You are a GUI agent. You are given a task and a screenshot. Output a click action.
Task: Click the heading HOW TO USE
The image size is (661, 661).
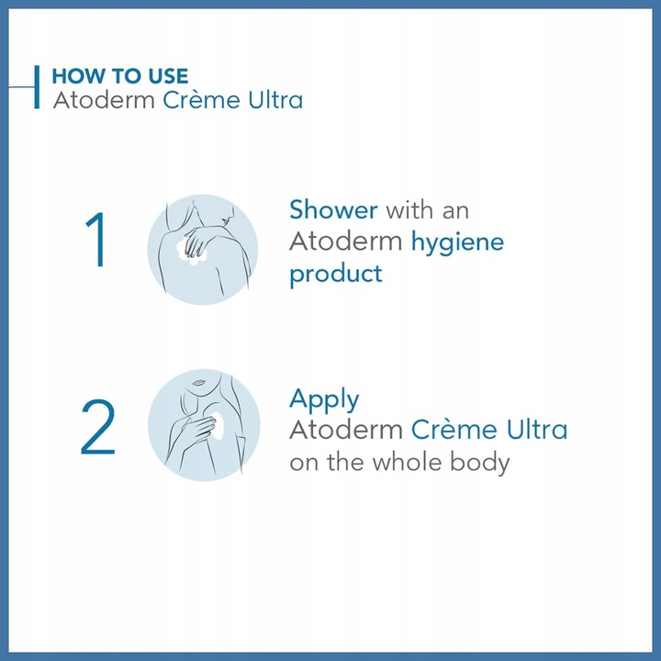120,76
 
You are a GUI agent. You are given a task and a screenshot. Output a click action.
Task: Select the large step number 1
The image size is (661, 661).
95,242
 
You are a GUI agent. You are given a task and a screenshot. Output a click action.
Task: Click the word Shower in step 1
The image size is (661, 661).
333,210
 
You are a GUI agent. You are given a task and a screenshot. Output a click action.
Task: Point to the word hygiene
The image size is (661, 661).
458,242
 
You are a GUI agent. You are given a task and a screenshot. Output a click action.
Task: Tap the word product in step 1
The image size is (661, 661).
336,274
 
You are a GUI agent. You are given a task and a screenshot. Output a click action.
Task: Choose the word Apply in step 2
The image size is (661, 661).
324,400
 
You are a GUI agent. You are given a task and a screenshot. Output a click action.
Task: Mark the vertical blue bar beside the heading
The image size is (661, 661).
37,87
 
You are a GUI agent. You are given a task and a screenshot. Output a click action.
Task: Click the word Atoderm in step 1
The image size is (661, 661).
345,242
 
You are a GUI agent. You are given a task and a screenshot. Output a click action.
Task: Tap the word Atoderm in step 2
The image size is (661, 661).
345,430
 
